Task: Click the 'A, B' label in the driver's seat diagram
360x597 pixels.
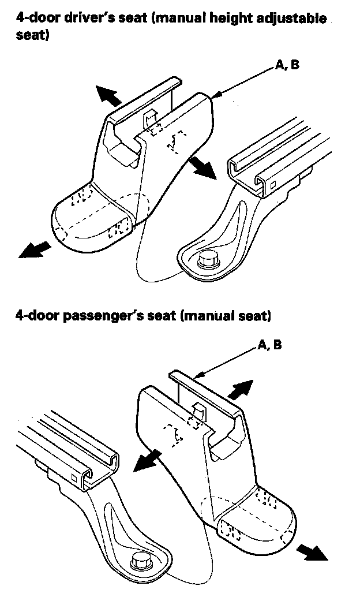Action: [x=287, y=65]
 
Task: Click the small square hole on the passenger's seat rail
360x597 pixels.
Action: [x=74, y=477]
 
